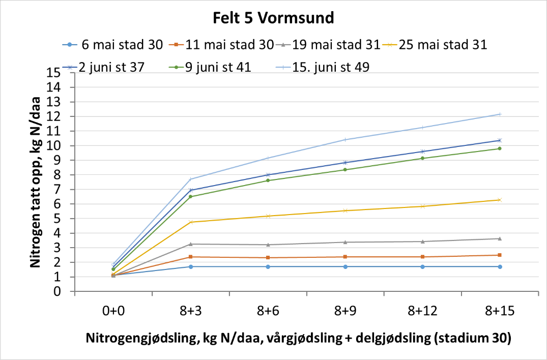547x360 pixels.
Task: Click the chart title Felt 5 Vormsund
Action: click(273, 18)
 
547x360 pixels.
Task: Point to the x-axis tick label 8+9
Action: click(346, 312)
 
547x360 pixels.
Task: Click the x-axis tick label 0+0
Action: click(113, 312)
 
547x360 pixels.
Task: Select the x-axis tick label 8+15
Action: click(500, 312)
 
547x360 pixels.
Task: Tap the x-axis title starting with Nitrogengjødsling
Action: click(298, 339)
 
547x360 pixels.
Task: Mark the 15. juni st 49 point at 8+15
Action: click(500, 114)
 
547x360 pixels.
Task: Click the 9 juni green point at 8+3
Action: click(191, 197)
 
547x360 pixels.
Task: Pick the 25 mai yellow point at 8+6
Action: click(268, 216)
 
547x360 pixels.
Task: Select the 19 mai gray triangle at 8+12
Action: click(422, 242)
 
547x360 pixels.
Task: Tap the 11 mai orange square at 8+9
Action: click(346, 257)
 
